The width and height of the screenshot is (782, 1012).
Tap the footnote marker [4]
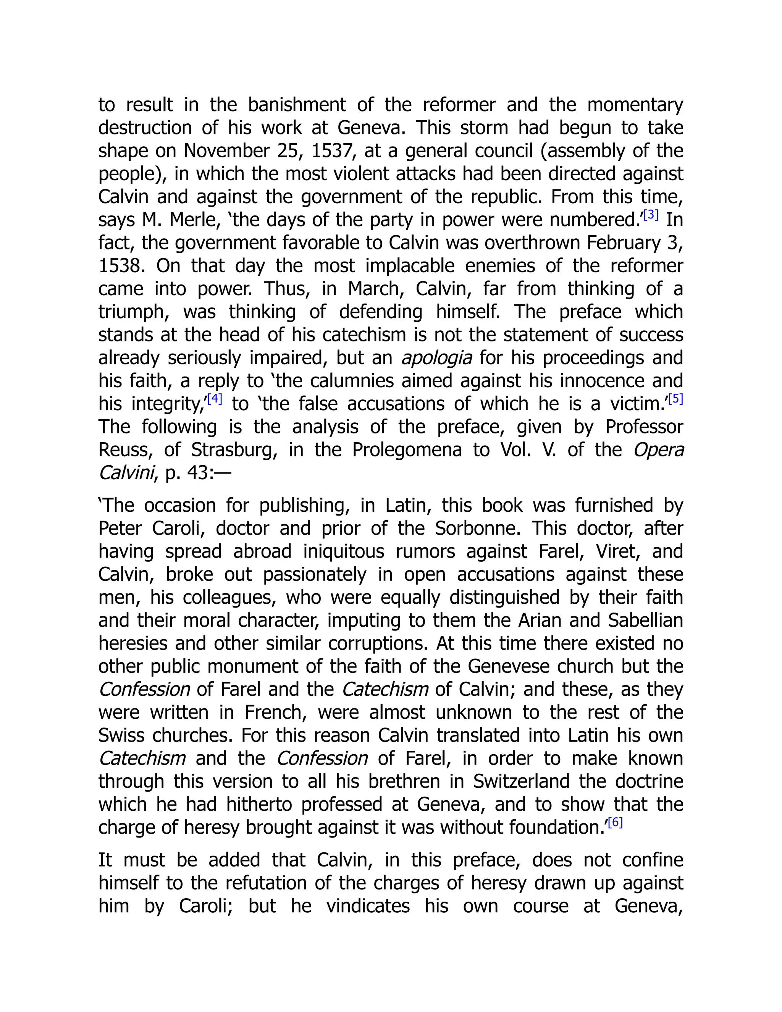pyautogui.click(x=215, y=398)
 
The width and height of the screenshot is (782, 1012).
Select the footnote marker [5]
pyautogui.click(x=676, y=398)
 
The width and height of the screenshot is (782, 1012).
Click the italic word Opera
pyautogui.click(x=658, y=450)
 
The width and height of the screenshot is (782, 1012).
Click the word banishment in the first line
pyautogui.click(x=296, y=105)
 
